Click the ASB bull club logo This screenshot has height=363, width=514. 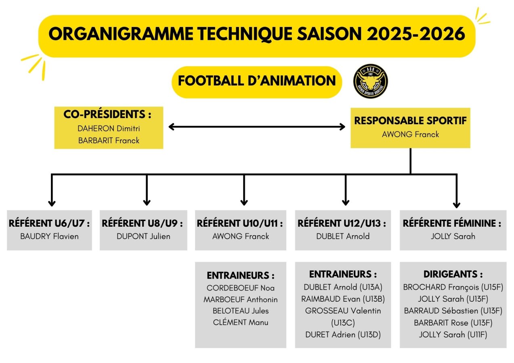coord(370,81)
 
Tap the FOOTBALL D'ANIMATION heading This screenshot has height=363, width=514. coord(257,81)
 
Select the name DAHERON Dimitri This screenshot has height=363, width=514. coord(109,129)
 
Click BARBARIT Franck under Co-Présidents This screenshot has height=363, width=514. coord(109,140)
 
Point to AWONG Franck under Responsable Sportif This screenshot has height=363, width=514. coord(410,134)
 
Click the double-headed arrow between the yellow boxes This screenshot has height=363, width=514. coord(257,127)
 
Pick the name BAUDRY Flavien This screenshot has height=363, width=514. coord(49,236)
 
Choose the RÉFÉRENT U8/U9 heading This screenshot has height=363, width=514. coord(142,223)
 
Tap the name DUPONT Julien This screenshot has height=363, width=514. coord(143,236)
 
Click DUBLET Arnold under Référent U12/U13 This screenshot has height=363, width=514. coord(343,236)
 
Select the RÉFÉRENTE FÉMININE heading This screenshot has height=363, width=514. coord(452,223)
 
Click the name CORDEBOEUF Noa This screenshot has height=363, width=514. coord(241,288)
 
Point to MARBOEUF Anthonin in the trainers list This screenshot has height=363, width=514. coord(241,300)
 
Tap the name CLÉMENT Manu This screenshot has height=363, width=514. coord(241,322)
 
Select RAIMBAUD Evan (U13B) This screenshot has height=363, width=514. coord(343,299)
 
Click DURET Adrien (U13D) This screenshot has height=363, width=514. coord(343,335)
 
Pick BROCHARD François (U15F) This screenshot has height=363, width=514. coord(453,287)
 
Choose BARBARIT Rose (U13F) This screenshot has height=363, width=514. coord(453,323)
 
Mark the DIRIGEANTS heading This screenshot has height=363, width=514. coord(453,274)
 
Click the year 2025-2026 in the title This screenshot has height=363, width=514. coord(416,34)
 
